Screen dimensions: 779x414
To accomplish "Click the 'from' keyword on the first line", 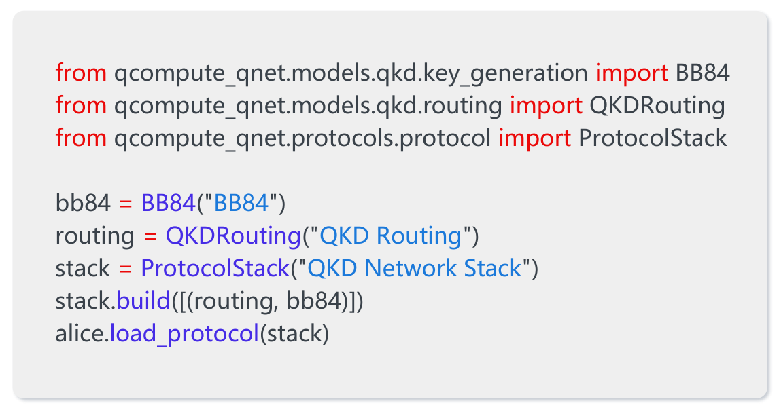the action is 81,73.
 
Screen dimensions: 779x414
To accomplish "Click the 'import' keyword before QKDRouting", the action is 546,105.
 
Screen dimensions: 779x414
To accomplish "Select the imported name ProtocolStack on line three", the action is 653,137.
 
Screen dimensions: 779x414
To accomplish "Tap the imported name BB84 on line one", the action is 702,73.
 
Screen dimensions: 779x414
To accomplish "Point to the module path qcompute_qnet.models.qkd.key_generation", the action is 351,73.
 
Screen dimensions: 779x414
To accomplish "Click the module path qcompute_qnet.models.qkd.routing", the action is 309,106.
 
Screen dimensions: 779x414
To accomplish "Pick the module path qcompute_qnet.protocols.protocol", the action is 302,138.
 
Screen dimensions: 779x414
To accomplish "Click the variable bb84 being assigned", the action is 83,203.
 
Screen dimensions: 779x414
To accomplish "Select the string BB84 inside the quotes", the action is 241,203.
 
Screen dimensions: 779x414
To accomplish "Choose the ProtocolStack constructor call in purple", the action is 215,268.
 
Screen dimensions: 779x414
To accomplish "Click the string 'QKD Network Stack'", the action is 415,268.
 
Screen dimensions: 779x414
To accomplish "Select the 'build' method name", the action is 143,301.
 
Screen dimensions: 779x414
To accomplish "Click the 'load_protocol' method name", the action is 184,334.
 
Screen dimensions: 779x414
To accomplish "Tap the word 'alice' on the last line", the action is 80,333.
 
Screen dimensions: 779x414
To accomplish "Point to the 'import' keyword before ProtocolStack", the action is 534,138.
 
